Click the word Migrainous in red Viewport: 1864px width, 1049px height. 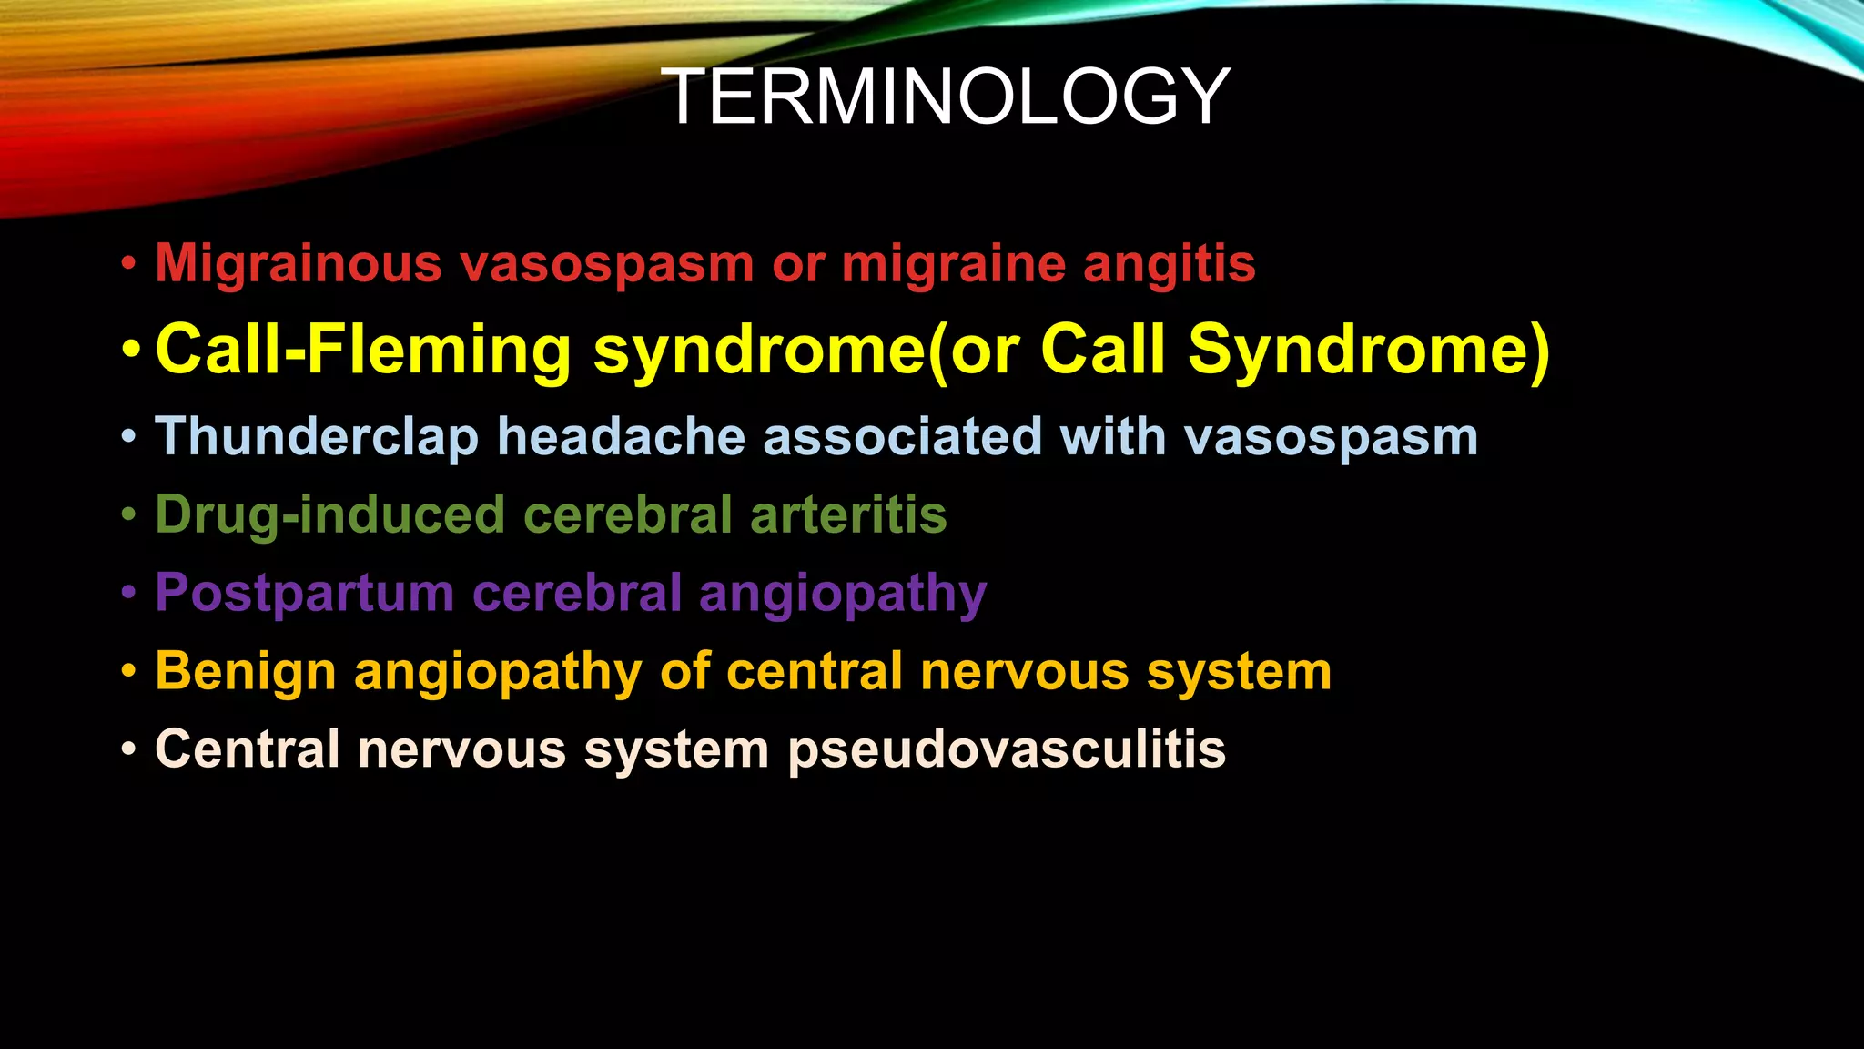(x=298, y=264)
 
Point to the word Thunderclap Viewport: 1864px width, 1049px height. (x=316, y=436)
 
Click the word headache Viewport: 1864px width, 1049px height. (x=621, y=436)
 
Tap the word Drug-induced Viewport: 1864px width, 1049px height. (x=329, y=514)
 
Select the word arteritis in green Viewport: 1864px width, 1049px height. (x=848, y=514)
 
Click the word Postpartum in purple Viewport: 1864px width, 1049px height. (x=304, y=593)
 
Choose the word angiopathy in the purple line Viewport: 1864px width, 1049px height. (x=842, y=595)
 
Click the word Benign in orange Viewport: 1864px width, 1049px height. (x=245, y=672)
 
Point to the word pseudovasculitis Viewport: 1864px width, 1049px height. (x=1007, y=749)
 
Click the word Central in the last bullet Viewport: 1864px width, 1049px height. (x=247, y=749)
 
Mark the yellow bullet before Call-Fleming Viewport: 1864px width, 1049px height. (x=131, y=350)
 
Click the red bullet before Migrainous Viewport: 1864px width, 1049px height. (x=129, y=265)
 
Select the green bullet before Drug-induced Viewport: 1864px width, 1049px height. (x=129, y=514)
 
